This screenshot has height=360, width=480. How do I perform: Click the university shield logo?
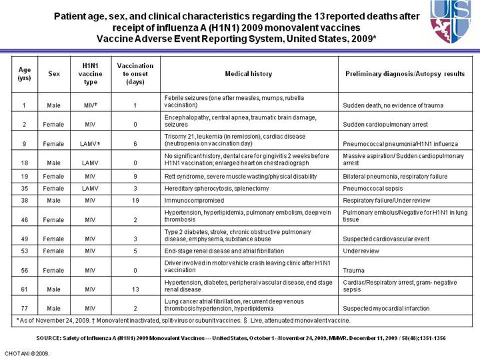[x=454, y=21]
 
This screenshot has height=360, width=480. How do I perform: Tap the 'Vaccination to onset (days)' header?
[x=135, y=74]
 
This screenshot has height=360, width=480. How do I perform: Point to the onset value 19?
[x=135, y=200]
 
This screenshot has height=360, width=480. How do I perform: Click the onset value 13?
[x=135, y=290]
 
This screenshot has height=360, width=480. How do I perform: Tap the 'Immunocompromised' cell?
[x=194, y=200]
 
